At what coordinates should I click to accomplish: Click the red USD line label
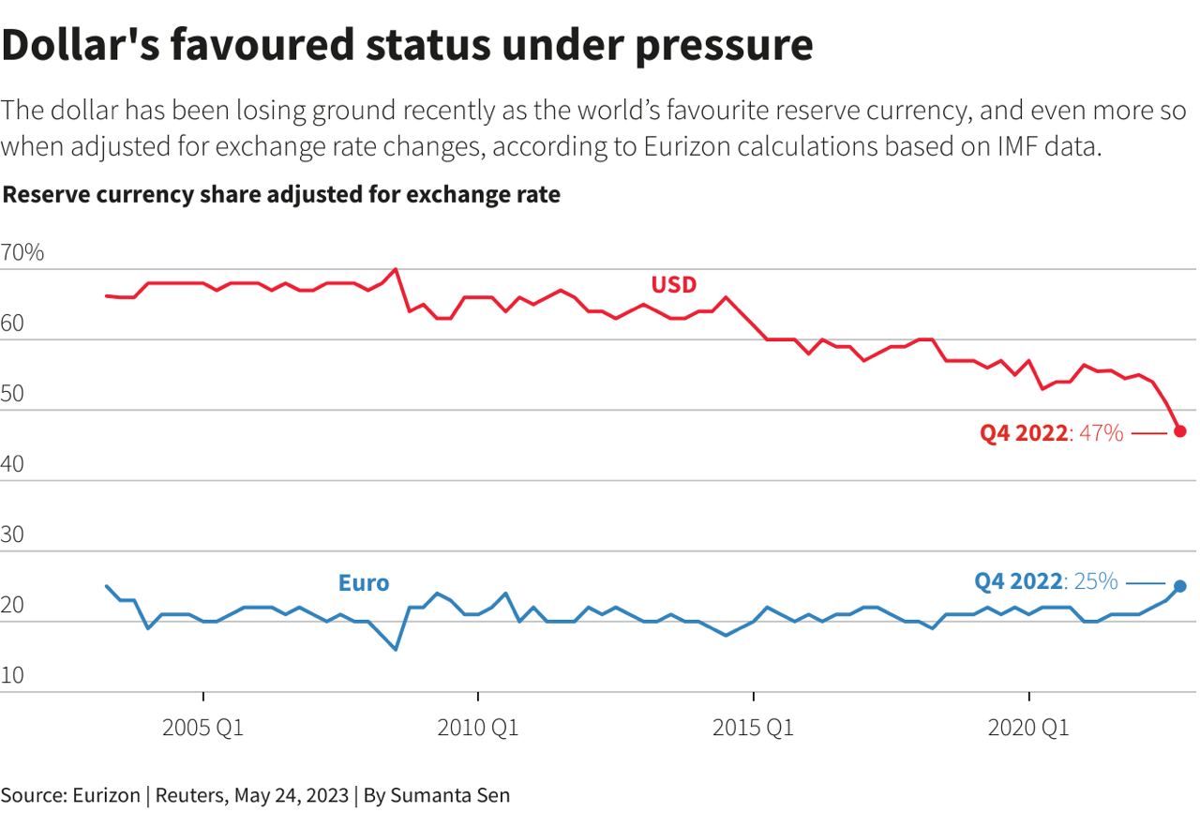coord(674,284)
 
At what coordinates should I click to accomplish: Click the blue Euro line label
coord(364,583)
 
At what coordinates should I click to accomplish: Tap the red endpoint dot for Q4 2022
coord(1180,431)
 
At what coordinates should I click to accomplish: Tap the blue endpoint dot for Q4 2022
coord(1180,586)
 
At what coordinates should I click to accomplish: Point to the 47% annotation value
coord(1101,433)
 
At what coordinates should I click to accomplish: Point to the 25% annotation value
coord(1096,581)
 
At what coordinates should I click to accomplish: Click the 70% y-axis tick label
coord(22,253)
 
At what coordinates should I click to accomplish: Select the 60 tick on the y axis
coord(16,324)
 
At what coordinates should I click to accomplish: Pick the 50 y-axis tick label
coord(16,395)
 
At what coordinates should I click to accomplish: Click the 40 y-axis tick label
coord(16,465)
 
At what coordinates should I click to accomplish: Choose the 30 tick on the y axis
coord(16,536)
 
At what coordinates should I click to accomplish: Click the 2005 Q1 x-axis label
coord(202,729)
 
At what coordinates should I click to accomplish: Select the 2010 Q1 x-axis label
coord(478,729)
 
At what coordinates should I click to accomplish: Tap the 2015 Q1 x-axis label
coord(753,729)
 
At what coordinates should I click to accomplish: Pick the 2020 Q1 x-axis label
coord(1028,729)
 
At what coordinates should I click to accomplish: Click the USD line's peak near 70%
coord(396,270)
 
